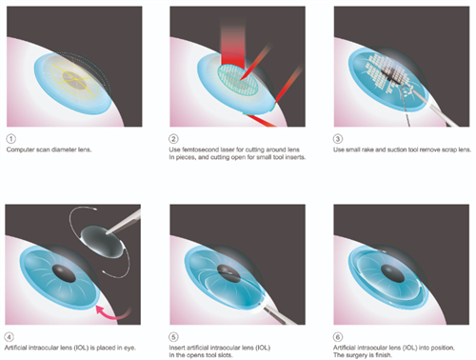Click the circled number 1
pos(10,139)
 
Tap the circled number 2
pos(173,139)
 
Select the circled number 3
pos(338,139)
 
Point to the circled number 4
pos(10,337)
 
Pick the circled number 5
pos(173,337)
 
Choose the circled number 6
pos(338,337)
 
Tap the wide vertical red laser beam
pos(233,45)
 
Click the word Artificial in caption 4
pos(15,348)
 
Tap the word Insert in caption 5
pos(176,348)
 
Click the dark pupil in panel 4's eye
pos(64,273)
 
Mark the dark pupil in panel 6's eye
pos(393,273)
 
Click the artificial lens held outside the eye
pos(101,241)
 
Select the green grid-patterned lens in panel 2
pos(238,79)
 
